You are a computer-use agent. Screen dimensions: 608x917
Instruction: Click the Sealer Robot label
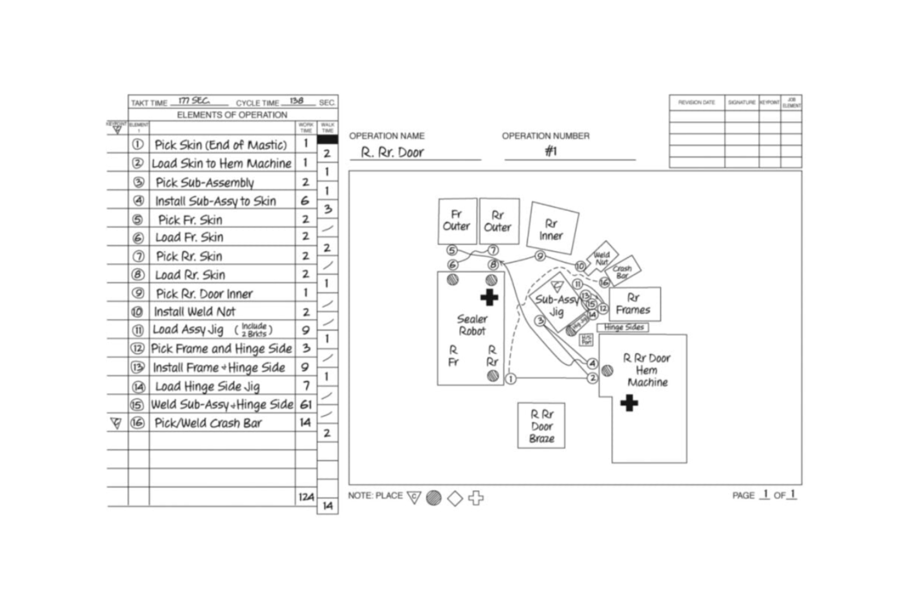coord(471,325)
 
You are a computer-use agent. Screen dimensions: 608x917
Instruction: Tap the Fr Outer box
coord(457,221)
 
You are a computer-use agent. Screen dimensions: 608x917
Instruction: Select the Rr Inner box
coord(552,228)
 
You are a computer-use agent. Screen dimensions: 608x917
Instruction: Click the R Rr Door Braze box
coord(541,426)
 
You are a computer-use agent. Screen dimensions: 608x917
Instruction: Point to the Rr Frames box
coord(633,304)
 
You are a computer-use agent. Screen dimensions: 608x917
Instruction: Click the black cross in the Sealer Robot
coord(489,297)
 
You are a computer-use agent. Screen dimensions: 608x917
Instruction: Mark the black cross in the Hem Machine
coord(629,403)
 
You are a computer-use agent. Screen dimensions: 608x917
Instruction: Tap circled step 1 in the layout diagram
coord(511,379)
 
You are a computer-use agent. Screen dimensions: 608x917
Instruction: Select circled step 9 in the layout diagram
coord(540,256)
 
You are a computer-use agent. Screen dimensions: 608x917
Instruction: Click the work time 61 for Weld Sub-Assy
coord(306,405)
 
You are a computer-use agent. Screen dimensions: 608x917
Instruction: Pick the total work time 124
coord(306,497)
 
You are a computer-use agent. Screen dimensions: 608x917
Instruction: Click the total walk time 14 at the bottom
coord(328,506)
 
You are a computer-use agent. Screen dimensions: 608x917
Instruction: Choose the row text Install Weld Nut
coord(195,312)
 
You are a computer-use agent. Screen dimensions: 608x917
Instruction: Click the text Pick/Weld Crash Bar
coord(208,423)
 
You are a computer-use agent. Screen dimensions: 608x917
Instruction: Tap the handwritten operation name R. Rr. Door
coord(392,153)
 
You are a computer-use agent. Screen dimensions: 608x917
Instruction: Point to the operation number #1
coord(551,151)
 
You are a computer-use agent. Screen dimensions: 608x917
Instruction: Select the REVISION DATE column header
coord(696,103)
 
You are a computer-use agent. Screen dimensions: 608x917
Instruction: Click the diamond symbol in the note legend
coord(455,498)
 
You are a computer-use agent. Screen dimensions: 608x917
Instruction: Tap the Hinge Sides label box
coord(623,327)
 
